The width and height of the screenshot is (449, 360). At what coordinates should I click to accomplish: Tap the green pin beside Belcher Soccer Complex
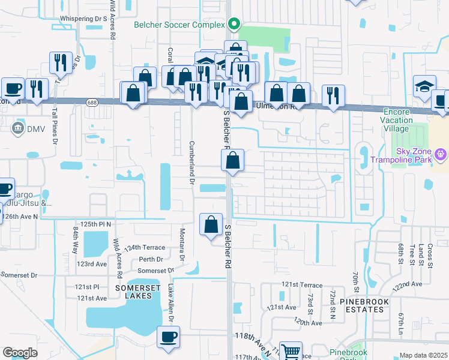point(235,25)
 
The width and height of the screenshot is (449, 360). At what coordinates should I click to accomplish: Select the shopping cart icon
point(291,351)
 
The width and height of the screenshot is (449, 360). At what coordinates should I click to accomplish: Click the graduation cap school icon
point(424,86)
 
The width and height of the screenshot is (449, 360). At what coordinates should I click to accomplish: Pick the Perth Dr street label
point(151,259)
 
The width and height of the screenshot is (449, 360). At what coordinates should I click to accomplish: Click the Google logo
point(20,353)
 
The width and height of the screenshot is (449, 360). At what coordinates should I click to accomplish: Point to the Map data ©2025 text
point(423,355)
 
